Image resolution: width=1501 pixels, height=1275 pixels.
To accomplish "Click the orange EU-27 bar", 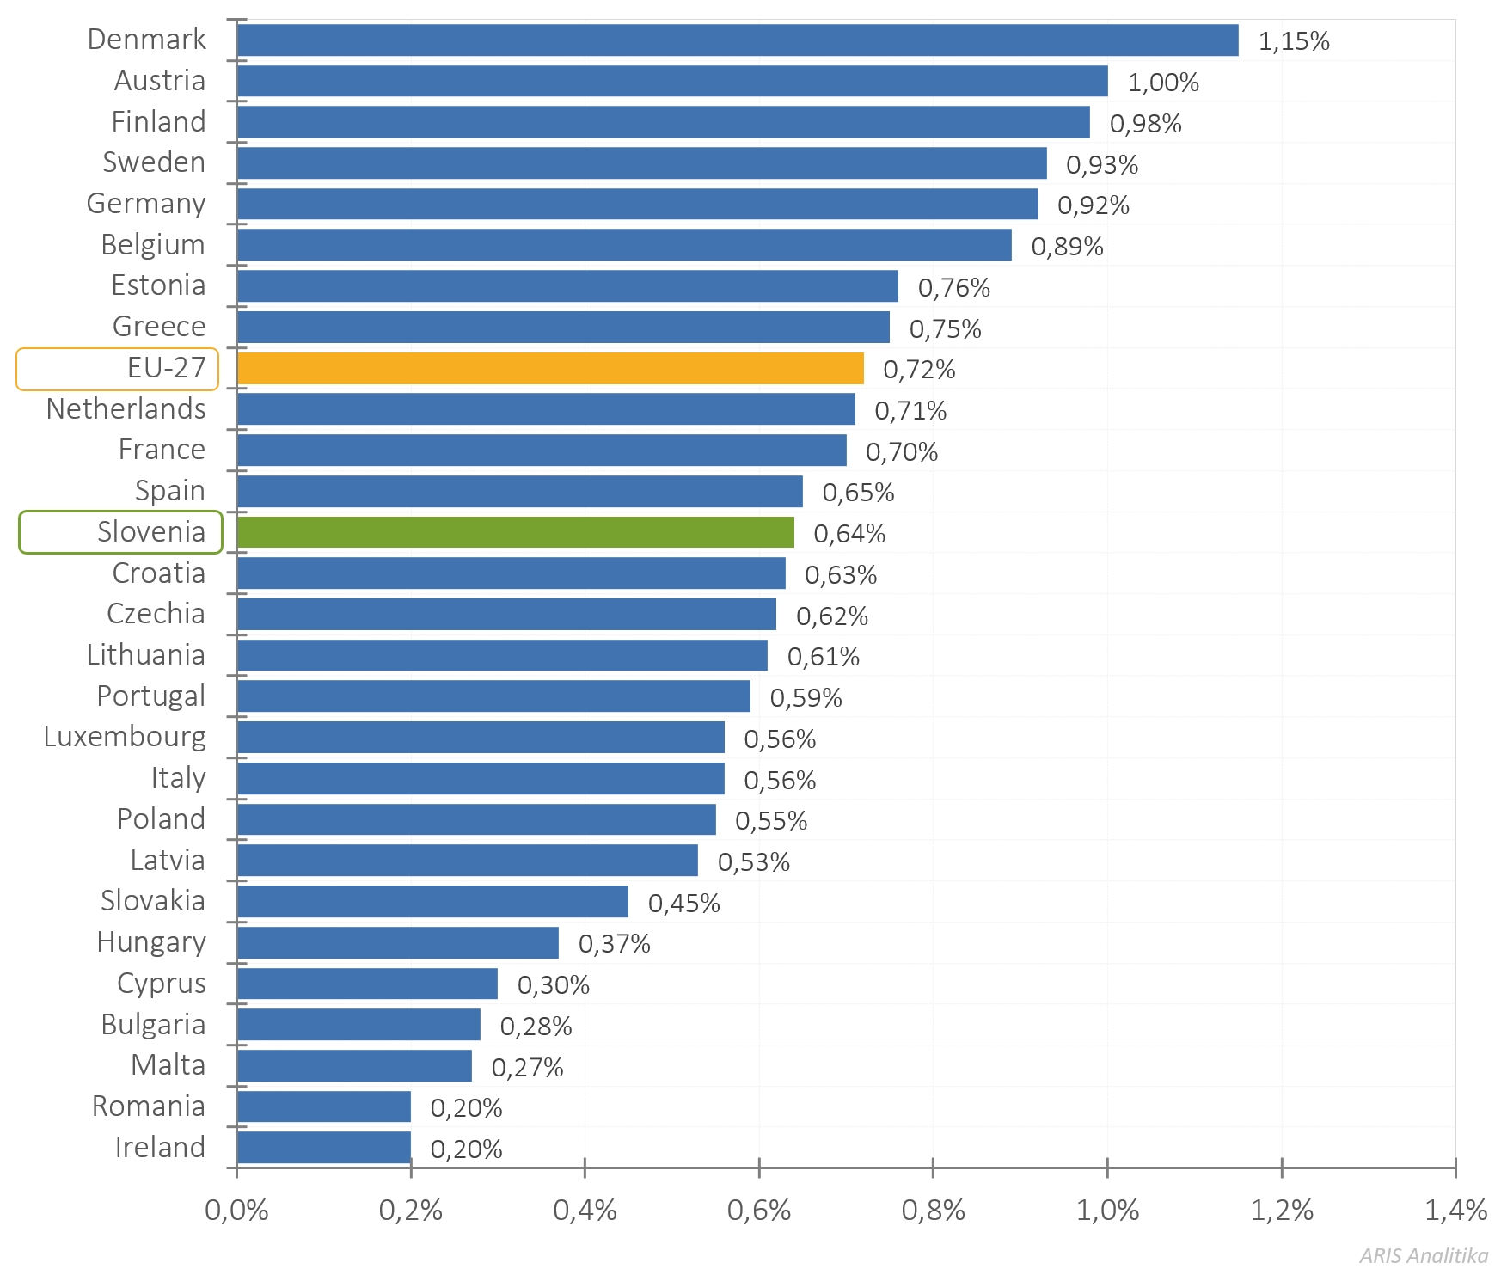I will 550,368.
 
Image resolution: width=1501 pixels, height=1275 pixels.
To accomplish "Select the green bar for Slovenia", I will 515,532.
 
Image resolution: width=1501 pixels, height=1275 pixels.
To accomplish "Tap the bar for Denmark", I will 738,40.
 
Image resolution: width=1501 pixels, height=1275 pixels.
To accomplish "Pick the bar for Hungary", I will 397,942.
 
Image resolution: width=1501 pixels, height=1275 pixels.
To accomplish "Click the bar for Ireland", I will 324,1147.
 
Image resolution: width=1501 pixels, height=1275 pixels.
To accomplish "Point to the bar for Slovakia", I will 432,901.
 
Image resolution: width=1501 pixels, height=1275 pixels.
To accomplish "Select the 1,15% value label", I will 1294,41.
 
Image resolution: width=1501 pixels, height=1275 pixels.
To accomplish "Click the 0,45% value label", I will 683,903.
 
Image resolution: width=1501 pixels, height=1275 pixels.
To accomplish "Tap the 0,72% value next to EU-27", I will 919,370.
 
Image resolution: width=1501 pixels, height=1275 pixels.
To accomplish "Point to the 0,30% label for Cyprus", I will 553,985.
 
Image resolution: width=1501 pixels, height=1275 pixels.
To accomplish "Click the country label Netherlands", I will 126,409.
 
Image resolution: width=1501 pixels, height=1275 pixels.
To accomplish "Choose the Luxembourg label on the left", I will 125,737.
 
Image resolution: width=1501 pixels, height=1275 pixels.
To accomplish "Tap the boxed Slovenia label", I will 151,532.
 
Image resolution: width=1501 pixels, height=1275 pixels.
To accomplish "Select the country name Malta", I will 168,1065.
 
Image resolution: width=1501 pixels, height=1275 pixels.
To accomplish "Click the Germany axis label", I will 146,204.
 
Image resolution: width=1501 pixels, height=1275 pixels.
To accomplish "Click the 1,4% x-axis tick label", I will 1455,1211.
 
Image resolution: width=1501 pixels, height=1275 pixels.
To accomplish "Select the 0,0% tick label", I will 236,1211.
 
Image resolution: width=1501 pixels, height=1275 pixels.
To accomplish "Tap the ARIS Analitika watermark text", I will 1424,1255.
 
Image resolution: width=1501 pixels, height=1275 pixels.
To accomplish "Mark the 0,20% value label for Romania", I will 466,1108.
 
